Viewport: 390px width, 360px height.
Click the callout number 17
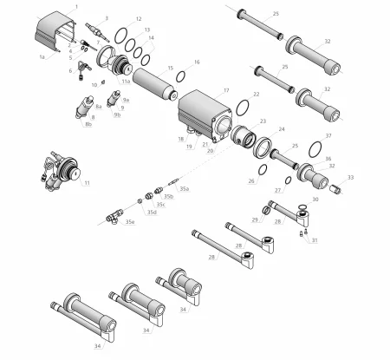click(x=226, y=90)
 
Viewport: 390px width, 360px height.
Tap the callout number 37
click(x=328, y=136)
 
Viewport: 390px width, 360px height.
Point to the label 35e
click(x=129, y=222)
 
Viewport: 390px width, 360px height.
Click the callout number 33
click(x=350, y=177)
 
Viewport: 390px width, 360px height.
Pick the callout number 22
click(x=256, y=94)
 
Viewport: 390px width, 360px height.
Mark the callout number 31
click(x=315, y=240)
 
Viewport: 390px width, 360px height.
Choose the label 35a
click(x=184, y=188)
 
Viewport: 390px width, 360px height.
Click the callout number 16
click(x=197, y=62)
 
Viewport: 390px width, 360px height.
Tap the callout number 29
click(x=255, y=220)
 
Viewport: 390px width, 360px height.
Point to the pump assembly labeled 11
click(x=62, y=169)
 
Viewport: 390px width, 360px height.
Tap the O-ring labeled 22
click(x=245, y=108)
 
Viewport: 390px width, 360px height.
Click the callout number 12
click(x=139, y=17)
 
